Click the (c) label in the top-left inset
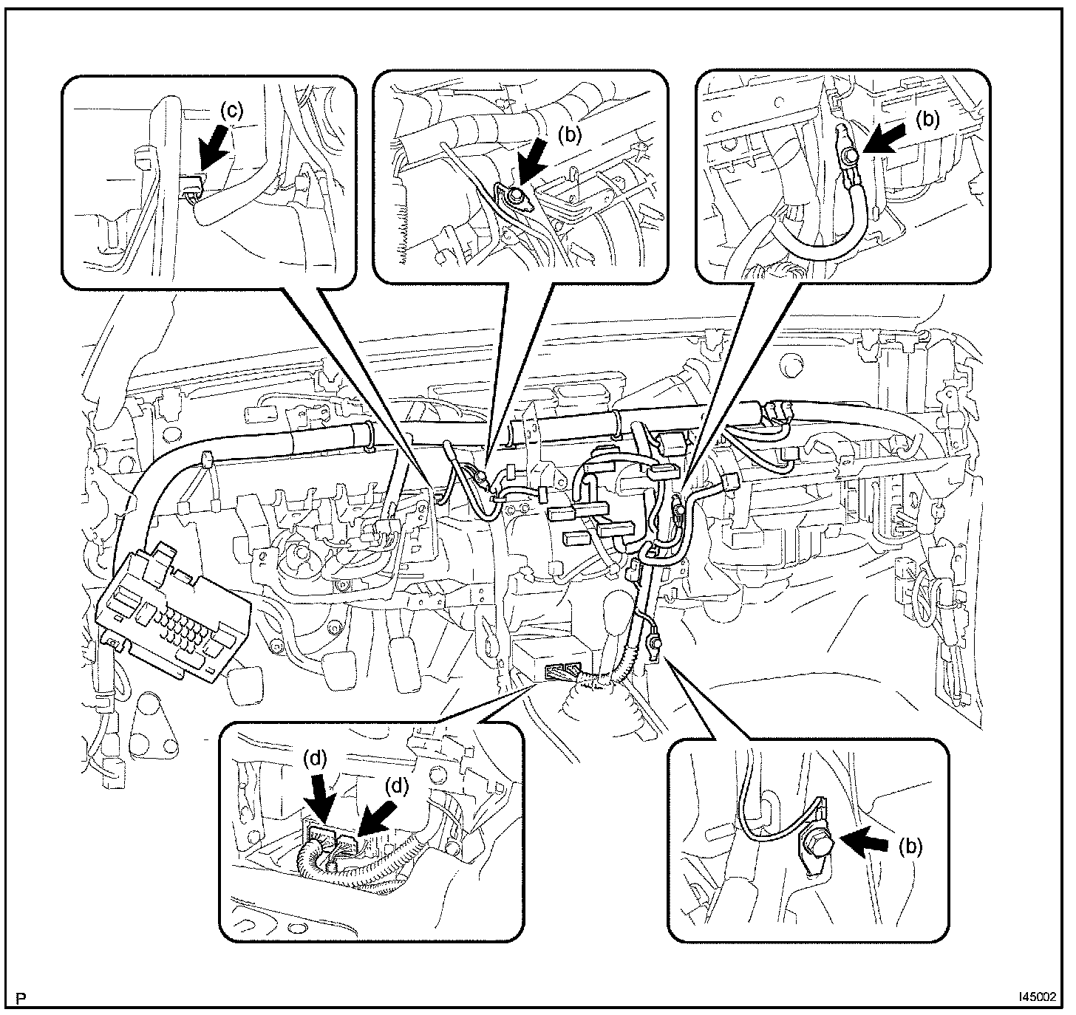pos(231,111)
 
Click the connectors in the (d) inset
pos(336,841)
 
